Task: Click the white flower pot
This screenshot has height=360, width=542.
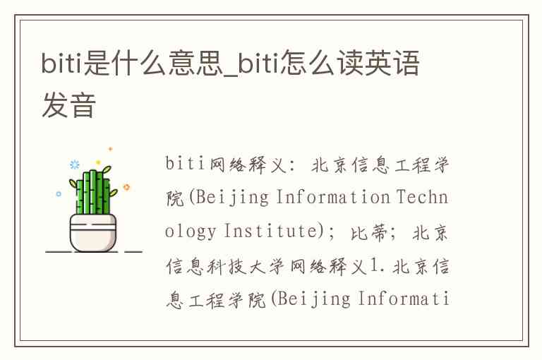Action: pos(93,232)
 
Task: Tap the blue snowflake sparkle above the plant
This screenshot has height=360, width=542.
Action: pos(74,164)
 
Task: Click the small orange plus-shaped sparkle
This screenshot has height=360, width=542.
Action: pos(111,149)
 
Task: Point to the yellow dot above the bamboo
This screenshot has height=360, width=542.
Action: pos(98,162)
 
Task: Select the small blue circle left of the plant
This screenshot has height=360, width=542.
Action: pos(59,193)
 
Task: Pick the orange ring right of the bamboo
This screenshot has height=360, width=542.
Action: pos(126,187)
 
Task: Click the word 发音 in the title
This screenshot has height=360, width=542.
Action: pos(68,104)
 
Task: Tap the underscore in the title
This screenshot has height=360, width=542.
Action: pos(231,74)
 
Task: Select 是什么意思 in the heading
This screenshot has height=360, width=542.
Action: pos(154,63)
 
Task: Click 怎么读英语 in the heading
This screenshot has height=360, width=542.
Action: pos(350,63)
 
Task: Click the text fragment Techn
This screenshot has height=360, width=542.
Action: pos(422,197)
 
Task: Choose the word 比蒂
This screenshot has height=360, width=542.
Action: pos(369,232)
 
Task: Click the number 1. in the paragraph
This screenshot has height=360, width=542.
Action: pos(377,265)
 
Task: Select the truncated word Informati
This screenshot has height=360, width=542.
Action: pos(403,299)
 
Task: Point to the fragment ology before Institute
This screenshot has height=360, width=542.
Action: pos(191,232)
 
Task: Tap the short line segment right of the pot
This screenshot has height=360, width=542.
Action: pos(133,251)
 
